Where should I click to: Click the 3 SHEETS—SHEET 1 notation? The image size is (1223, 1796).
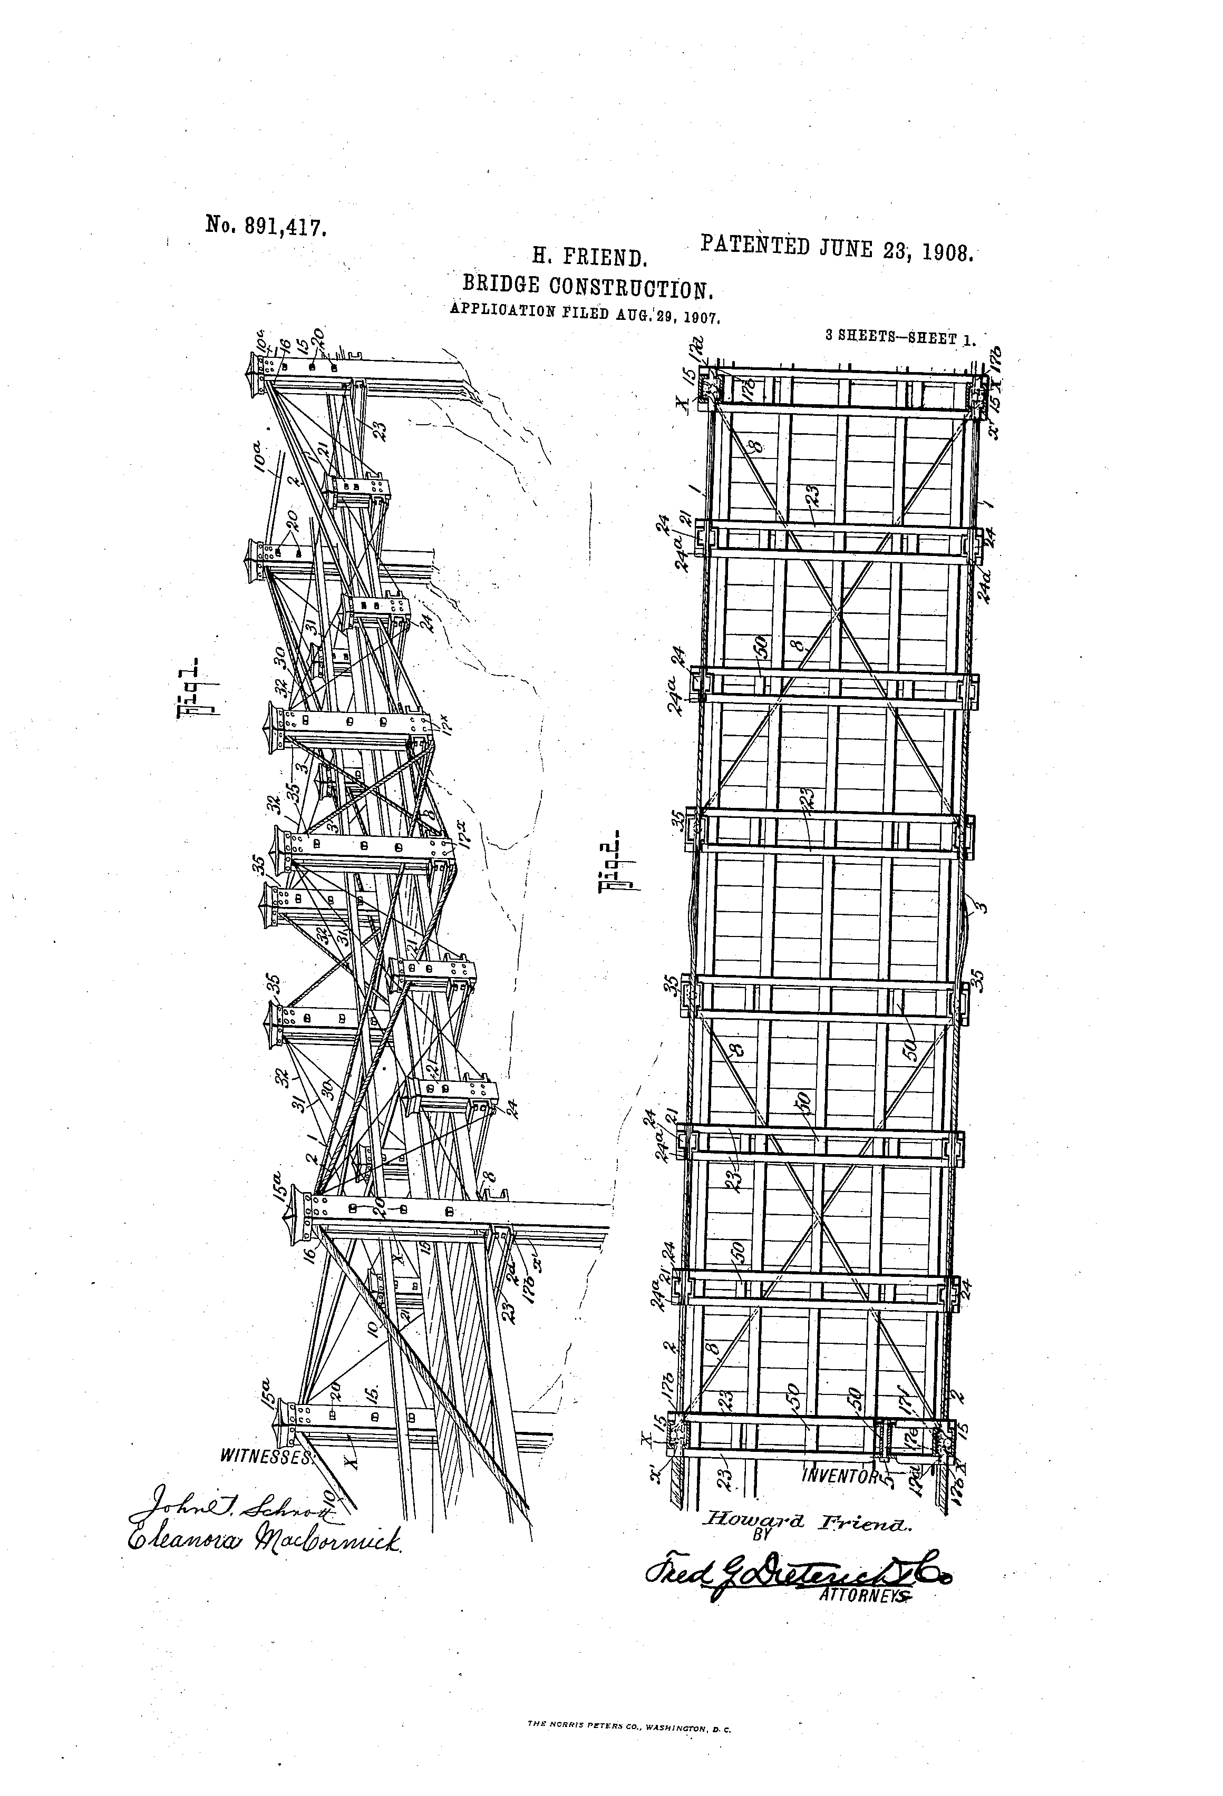[x=900, y=338]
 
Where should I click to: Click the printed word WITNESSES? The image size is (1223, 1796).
[x=266, y=1457]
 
